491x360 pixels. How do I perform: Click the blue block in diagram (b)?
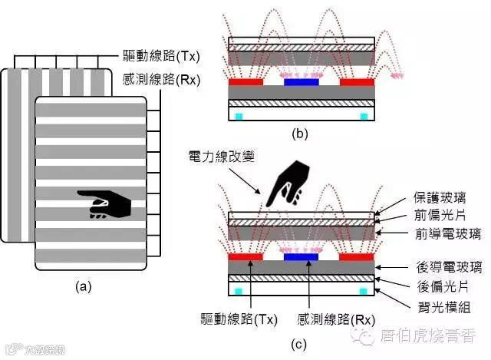click(301, 81)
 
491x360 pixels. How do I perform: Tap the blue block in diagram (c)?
click(301, 257)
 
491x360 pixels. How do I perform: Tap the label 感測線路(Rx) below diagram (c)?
click(336, 318)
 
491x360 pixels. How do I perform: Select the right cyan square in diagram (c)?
click(364, 292)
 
